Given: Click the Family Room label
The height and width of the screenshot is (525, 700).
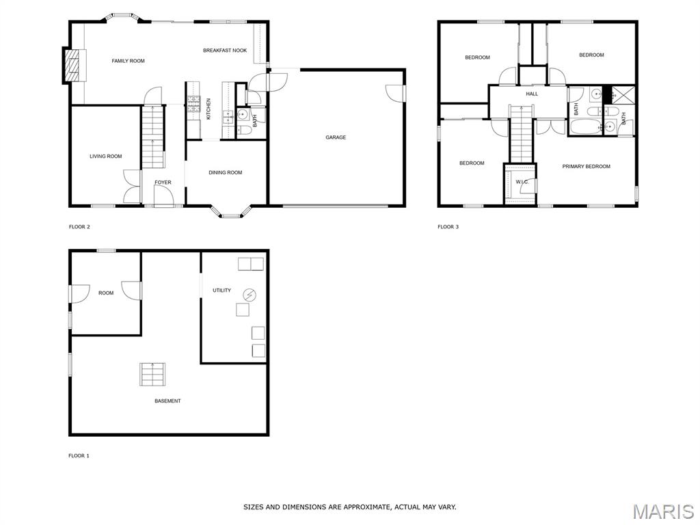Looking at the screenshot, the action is point(128,61).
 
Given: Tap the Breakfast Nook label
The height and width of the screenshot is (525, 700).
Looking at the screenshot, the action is point(225,51).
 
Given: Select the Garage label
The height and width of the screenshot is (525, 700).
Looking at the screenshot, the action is point(336,137).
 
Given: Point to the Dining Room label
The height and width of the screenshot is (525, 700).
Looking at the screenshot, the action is point(226,173).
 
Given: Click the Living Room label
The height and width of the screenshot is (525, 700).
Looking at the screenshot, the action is point(106,157).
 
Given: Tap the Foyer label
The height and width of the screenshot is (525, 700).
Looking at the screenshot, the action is point(163,183).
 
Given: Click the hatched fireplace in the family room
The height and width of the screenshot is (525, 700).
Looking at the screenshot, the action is point(71,65).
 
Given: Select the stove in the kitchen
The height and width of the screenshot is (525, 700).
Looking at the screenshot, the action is point(193,105).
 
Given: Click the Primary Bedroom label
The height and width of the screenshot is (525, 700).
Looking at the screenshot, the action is point(586,167).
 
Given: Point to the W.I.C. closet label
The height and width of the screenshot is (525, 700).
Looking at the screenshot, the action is point(522,182).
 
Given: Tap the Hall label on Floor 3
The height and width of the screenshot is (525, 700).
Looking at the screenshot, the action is point(532,94).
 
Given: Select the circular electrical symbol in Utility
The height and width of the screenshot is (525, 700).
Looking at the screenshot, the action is point(250,295).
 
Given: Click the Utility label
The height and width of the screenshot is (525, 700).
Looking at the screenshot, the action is point(222,291).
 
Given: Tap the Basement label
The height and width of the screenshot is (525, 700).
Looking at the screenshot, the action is point(168,401).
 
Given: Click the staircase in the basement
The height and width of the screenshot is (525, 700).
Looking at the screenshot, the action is point(152,375).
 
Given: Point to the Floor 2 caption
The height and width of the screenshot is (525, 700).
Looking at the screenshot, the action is point(79,227).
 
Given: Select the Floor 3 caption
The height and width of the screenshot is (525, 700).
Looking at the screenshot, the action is point(448,227).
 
